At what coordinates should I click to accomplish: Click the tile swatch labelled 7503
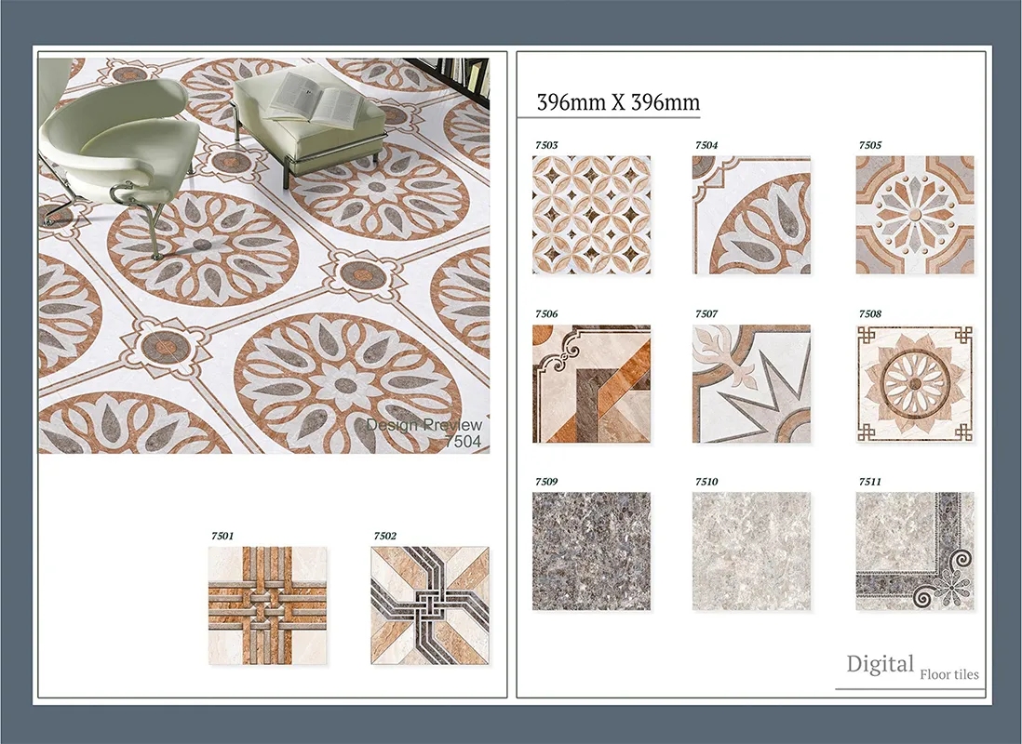click(591, 215)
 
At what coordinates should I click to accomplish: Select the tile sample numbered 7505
click(914, 215)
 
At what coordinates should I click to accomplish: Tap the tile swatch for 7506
click(591, 384)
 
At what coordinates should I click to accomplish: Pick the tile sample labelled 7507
click(751, 384)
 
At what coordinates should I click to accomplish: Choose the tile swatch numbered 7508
click(914, 384)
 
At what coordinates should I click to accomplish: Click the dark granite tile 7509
click(591, 551)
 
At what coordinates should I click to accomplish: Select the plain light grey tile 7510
click(751, 551)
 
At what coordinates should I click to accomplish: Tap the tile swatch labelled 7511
click(914, 551)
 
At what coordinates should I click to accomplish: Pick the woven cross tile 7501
click(267, 605)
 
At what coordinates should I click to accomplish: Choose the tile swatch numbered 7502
click(429, 605)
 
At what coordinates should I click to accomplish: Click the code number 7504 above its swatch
click(706, 145)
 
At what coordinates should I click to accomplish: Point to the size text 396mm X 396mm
click(618, 102)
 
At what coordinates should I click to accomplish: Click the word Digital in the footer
click(880, 665)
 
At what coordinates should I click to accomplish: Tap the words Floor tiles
click(949, 674)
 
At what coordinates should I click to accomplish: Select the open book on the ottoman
click(315, 97)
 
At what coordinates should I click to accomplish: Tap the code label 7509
click(546, 482)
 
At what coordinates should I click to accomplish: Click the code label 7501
click(222, 537)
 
